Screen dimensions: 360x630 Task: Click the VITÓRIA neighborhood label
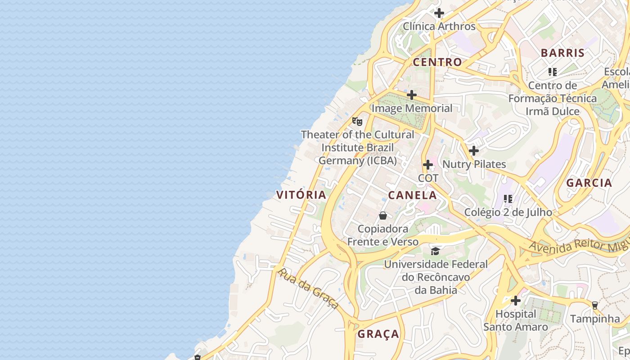[x=301, y=195]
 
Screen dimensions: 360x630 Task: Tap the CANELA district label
[x=412, y=195]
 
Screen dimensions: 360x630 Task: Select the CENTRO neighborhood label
[x=437, y=62]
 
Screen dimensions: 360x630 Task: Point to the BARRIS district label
[x=562, y=53]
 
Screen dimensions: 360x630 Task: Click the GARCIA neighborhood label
[x=589, y=183]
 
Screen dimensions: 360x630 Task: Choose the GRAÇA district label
[x=378, y=334]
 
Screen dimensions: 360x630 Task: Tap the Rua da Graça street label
[x=308, y=288]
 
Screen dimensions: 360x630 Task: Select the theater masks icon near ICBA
[x=357, y=121]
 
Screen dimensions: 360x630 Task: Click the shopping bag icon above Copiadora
[x=383, y=216]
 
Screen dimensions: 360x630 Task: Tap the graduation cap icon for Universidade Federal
[x=435, y=251]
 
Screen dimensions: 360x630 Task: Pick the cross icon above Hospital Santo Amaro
[x=516, y=300]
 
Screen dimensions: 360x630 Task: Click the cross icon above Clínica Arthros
[x=439, y=13]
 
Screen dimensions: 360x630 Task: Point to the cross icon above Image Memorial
[x=411, y=95]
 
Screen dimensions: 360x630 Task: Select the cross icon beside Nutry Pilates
[x=474, y=151]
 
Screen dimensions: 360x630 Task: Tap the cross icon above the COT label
[x=428, y=165]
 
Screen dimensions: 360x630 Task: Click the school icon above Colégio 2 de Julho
[x=508, y=198]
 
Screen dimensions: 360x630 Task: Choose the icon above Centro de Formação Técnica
[x=553, y=72]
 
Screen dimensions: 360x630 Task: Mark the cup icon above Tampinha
[x=594, y=305]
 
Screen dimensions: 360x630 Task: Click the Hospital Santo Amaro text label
[x=516, y=320]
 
